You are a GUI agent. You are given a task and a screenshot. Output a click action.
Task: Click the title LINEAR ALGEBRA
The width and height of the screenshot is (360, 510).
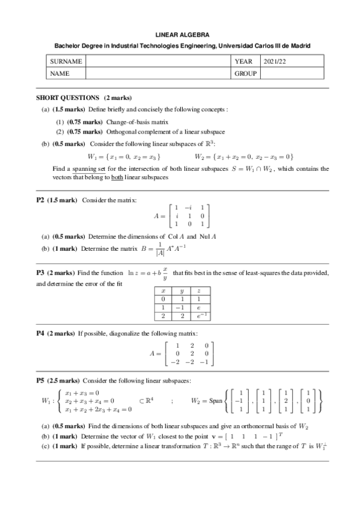[x=179, y=36]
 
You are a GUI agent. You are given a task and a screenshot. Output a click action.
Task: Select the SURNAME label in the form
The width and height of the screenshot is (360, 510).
[x=65, y=61]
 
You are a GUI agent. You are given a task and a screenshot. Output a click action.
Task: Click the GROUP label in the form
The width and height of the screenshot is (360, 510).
[x=245, y=73]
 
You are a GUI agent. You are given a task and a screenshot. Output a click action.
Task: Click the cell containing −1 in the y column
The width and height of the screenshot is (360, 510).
[x=181, y=307]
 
